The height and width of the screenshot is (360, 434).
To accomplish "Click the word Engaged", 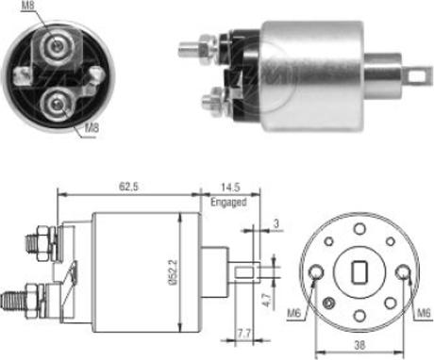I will pyautogui.click(x=228, y=202).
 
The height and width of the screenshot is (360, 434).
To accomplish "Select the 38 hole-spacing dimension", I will pyautogui.click(x=359, y=346).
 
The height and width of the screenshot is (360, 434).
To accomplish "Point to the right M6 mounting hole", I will pyautogui.click(x=405, y=274).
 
